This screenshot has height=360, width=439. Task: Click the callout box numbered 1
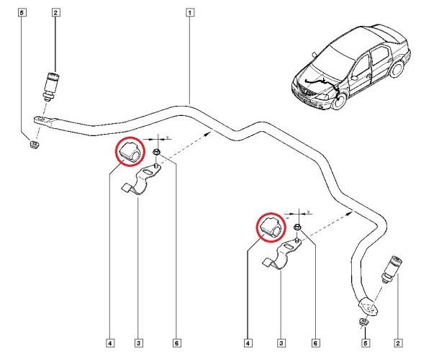pos(189,12)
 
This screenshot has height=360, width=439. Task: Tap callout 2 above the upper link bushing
pos(55,12)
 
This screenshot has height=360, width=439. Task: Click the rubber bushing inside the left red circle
pos(131,152)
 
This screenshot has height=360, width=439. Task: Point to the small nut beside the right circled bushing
pos(297,227)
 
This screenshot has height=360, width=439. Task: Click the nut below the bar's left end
pos(32,147)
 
